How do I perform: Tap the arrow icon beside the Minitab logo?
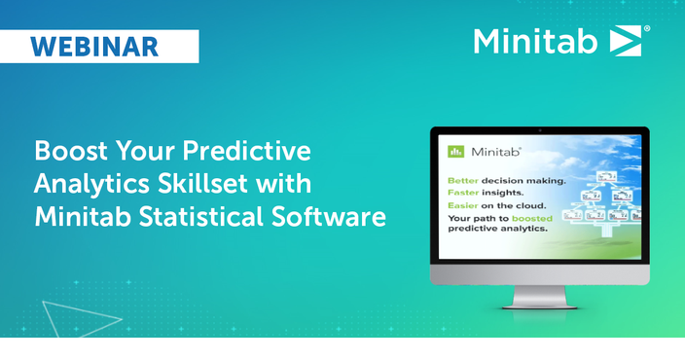pyautogui.click(x=623, y=41)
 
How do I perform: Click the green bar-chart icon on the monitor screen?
pyautogui.click(x=454, y=152)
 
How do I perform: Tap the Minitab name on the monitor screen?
pyautogui.click(x=496, y=152)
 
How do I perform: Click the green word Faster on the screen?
pyautogui.click(x=463, y=194)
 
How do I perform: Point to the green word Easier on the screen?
pyautogui.click(x=463, y=206)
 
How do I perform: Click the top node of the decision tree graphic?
pyautogui.click(x=608, y=176)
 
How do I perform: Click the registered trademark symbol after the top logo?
pyautogui.click(x=648, y=29)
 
